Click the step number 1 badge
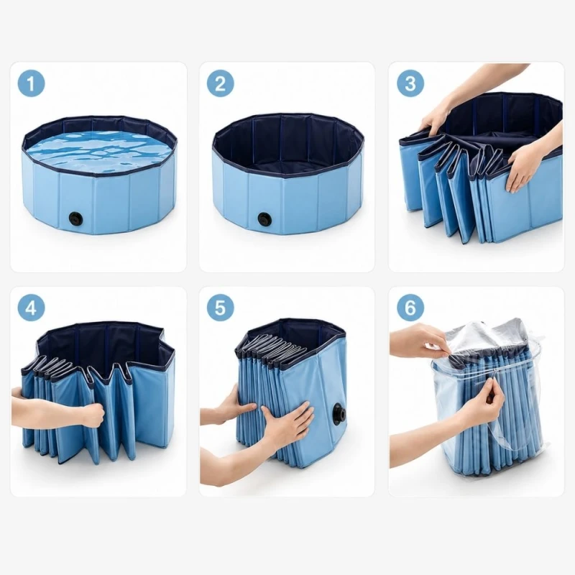pos(31,83)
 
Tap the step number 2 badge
pos(220,83)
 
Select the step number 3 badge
pos(410,83)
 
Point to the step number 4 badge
pos(31,308)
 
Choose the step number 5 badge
pos(220,308)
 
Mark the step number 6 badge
pos(410,308)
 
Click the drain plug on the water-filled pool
pos(75,218)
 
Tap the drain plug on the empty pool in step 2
pos(264,219)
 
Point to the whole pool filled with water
pos(100,175)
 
